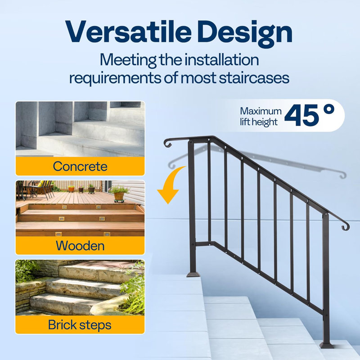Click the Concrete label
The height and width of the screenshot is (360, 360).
click(x=80, y=166)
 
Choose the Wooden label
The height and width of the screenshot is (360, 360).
click(x=80, y=246)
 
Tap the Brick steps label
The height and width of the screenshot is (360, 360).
click(x=80, y=324)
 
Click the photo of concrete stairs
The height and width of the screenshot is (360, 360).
click(x=80, y=128)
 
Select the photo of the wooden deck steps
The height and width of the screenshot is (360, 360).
click(x=80, y=208)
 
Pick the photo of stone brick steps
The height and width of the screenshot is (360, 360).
click(x=80, y=287)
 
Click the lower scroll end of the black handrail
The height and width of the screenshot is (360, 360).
click(x=345, y=225)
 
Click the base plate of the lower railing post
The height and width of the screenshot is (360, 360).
click(x=327, y=345)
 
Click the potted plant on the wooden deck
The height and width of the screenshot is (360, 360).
click(x=118, y=193)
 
